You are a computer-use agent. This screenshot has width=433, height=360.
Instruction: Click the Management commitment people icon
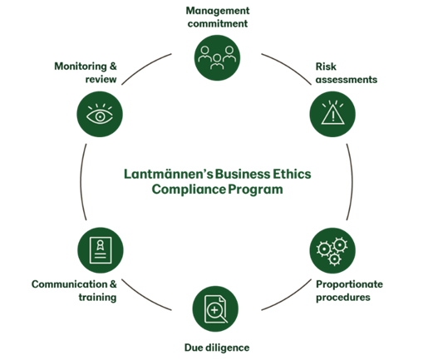click(217, 57)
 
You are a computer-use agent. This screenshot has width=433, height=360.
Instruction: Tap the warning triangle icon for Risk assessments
click(332, 114)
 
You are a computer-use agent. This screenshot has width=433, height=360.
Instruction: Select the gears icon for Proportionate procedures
click(332, 250)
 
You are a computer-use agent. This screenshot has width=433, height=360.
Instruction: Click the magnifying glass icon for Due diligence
click(215, 308)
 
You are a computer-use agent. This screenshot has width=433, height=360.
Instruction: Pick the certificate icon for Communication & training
click(101, 250)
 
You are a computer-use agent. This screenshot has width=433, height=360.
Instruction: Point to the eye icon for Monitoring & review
click(100, 114)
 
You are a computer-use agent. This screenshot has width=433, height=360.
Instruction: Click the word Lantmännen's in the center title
click(168, 174)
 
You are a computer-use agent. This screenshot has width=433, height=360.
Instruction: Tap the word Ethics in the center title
click(292, 174)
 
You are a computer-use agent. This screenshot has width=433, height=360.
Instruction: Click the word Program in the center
click(255, 190)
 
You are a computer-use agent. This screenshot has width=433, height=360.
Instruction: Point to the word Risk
click(326, 67)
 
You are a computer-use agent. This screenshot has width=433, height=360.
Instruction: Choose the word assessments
click(347, 80)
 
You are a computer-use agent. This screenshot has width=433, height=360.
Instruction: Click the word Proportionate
click(349, 284)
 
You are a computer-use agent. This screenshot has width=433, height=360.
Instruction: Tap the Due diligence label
click(217, 348)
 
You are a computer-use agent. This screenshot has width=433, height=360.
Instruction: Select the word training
click(97, 298)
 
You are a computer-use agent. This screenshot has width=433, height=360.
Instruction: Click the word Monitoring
click(81, 67)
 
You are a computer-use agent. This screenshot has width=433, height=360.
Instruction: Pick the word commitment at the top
click(218, 24)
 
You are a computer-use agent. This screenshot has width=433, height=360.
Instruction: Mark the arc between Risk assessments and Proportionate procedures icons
click(352, 182)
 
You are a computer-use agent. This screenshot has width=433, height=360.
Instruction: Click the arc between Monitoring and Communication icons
click(81, 182)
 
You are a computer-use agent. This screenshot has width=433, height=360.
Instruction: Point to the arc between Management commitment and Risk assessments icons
click(288, 67)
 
